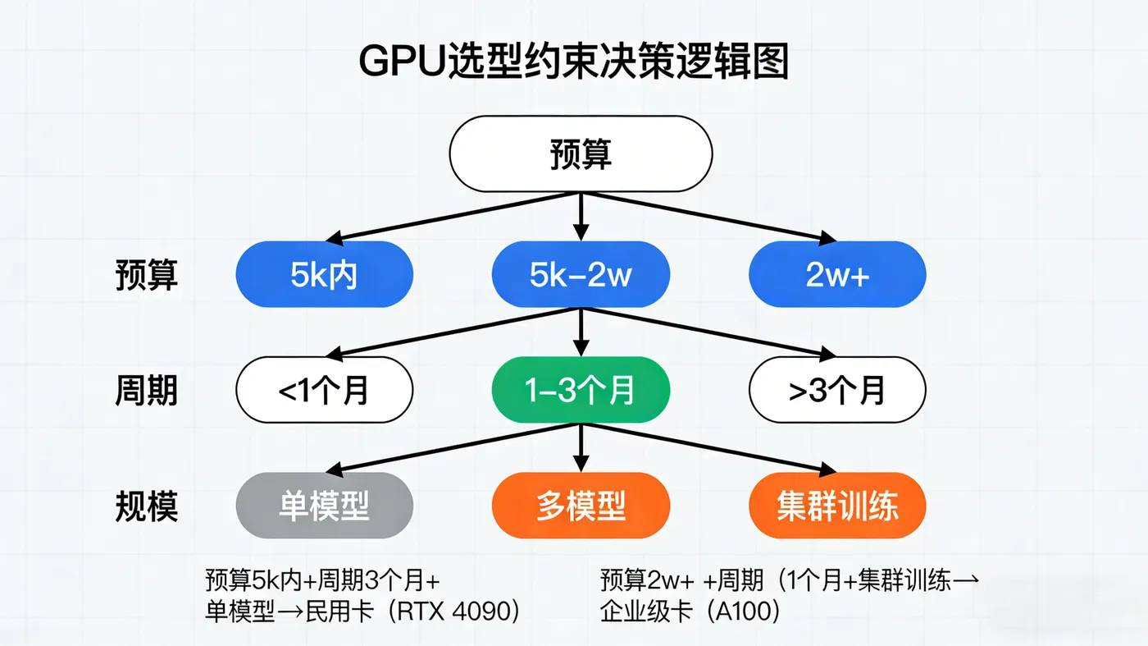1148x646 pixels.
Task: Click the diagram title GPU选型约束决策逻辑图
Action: click(573, 62)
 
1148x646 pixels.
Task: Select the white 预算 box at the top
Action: click(581, 154)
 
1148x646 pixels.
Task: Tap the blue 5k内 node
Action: click(324, 275)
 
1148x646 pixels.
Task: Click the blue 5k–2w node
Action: click(581, 275)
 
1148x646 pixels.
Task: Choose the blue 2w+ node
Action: click(836, 275)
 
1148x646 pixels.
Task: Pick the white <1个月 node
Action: click(324, 390)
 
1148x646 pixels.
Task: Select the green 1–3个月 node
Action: click(581, 390)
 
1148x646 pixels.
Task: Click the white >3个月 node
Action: click(836, 390)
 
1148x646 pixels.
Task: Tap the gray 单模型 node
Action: click(324, 506)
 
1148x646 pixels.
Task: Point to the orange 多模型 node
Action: click(581, 506)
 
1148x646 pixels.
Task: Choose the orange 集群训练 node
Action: click(836, 506)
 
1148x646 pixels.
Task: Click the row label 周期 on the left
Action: click(146, 391)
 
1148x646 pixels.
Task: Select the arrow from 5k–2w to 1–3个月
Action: click(581, 332)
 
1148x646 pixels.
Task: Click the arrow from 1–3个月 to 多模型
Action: click(581, 447)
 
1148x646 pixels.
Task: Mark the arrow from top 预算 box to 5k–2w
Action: click(581, 217)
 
